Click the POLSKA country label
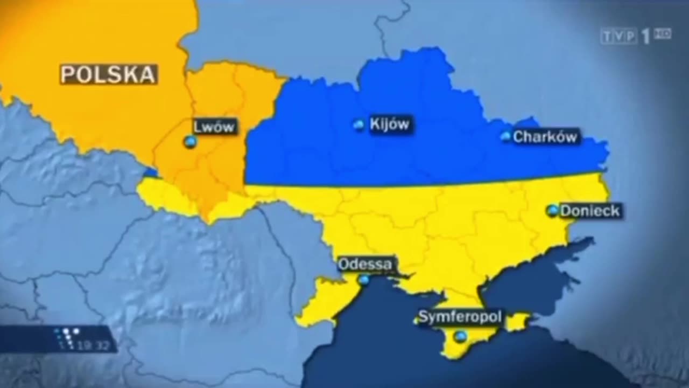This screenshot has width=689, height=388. (x=109, y=74)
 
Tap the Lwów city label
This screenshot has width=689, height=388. (x=215, y=127)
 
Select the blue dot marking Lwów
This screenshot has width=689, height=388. (x=190, y=142)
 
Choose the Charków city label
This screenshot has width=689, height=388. (x=545, y=136)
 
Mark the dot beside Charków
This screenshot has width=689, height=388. (x=505, y=136)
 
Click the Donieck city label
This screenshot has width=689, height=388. (x=590, y=211)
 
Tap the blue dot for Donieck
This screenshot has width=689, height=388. (x=552, y=211)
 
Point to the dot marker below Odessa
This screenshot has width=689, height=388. (x=364, y=280)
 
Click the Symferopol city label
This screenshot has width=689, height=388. (x=460, y=317)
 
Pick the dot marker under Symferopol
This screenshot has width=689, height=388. (x=460, y=337)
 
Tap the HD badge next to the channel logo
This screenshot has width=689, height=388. (x=663, y=33)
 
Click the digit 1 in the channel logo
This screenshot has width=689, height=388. (x=645, y=36)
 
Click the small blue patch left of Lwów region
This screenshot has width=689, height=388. (x=151, y=172)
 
